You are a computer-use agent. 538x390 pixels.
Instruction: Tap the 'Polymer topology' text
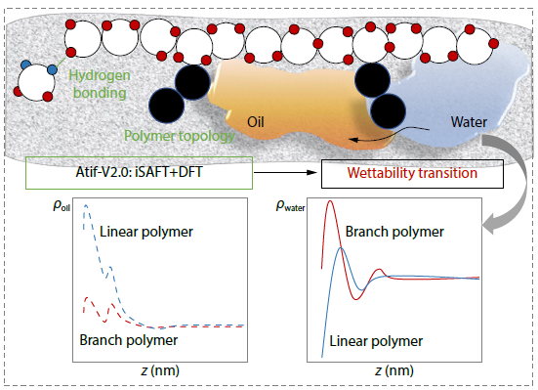point(179,136)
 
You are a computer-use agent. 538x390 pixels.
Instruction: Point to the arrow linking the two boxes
point(285,174)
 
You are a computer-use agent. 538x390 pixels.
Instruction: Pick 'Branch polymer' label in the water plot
point(395,232)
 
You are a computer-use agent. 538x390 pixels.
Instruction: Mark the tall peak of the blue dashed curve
point(87,207)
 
